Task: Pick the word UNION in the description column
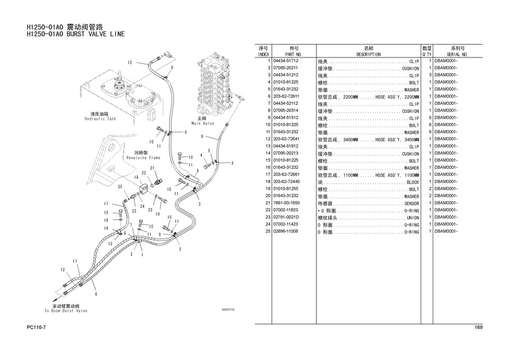click(x=412, y=218)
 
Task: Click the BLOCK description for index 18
click(x=412, y=182)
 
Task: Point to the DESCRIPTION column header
click(x=368, y=55)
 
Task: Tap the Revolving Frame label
click(x=144, y=157)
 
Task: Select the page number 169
click(x=478, y=328)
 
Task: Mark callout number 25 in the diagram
click(x=120, y=187)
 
